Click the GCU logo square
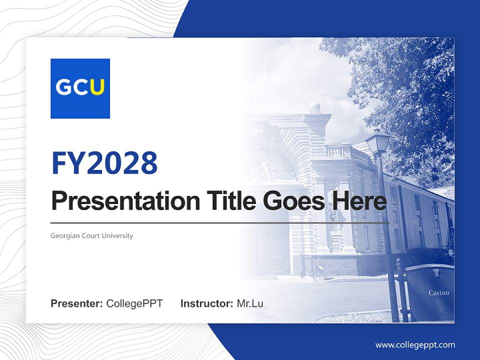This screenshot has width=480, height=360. pyautogui.click(x=80, y=88)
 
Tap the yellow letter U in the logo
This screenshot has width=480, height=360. pyautogui.click(x=97, y=87)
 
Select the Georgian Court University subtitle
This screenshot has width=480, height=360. pyautogui.click(x=92, y=235)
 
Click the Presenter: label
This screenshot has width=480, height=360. pyautogui.click(x=77, y=303)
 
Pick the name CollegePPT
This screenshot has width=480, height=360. pyautogui.click(x=134, y=303)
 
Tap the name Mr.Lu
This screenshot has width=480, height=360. pyautogui.click(x=249, y=303)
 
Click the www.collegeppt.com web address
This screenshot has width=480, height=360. pyautogui.click(x=415, y=344)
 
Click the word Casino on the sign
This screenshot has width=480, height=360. pyautogui.click(x=438, y=293)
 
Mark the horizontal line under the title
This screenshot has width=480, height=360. pyautogui.click(x=220, y=222)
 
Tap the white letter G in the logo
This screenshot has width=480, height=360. pyautogui.click(x=63, y=87)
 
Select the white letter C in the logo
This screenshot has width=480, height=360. pyautogui.click(x=80, y=87)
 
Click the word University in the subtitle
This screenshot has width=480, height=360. pyautogui.click(x=118, y=235)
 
